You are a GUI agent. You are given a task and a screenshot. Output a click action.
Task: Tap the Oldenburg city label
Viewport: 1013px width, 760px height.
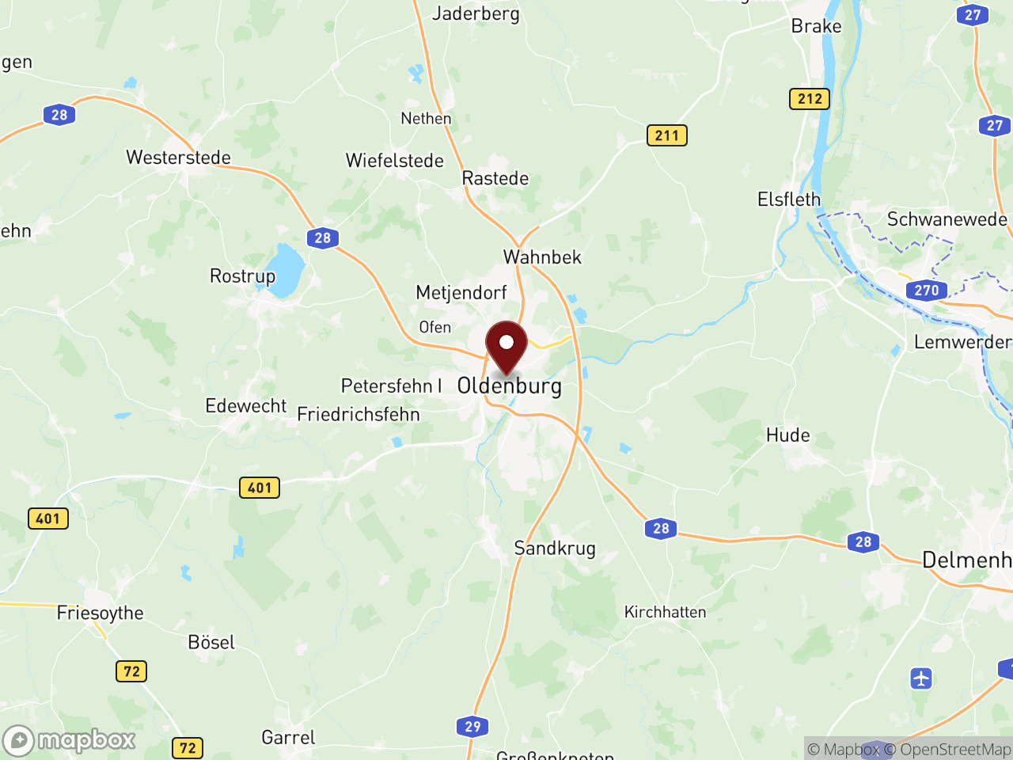tap(510, 386)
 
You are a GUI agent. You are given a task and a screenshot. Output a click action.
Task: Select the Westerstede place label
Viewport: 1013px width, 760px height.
tap(178, 158)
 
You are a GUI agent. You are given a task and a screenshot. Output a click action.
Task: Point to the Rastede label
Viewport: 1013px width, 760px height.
tap(495, 178)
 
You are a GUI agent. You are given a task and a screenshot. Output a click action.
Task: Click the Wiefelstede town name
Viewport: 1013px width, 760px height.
tap(395, 161)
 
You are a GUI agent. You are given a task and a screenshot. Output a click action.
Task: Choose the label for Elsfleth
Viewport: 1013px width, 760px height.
tap(789, 199)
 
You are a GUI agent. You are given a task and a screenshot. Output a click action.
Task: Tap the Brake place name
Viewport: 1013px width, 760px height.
tap(816, 26)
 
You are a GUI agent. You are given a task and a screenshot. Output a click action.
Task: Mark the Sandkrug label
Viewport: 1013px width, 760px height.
tap(555, 548)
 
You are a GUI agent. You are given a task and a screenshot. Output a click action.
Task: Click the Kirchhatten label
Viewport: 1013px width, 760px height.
tap(665, 612)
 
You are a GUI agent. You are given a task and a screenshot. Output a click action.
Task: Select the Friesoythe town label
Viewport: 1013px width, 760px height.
tap(101, 614)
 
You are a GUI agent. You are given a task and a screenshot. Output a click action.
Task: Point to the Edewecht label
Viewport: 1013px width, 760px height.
tap(246, 406)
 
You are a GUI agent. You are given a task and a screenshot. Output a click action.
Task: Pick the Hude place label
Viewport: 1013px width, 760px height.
tap(788, 435)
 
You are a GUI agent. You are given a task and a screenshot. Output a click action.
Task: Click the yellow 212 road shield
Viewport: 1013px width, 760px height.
tap(810, 99)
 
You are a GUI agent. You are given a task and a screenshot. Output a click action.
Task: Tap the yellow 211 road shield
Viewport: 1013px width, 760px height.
tap(666, 135)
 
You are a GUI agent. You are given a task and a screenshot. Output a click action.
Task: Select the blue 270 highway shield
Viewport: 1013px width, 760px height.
tap(926, 291)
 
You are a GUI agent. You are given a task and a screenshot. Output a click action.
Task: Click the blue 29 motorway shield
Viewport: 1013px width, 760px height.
tap(472, 727)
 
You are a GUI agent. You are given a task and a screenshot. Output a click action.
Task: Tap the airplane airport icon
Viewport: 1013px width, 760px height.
tap(921, 678)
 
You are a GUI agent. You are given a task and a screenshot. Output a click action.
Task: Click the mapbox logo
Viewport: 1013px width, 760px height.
tap(70, 740)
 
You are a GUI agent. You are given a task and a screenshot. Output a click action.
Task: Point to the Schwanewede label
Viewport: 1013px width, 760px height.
tap(947, 219)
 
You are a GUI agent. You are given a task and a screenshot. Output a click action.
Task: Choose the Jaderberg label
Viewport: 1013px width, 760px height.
tap(476, 13)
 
